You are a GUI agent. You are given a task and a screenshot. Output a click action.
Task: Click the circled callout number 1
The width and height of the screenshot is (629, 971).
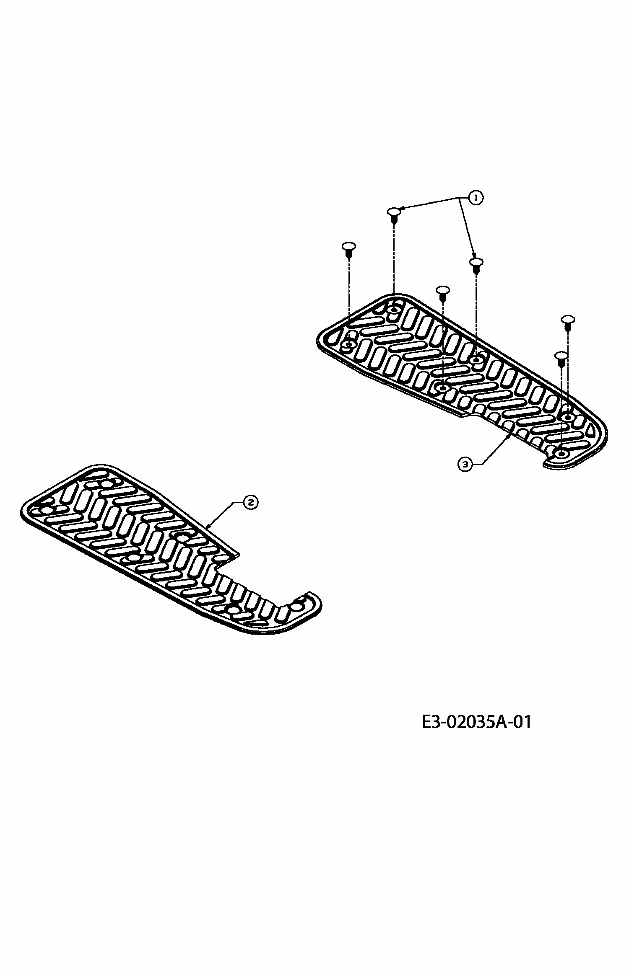(476, 198)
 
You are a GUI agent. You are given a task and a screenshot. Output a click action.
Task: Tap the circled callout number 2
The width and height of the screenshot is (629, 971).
(250, 502)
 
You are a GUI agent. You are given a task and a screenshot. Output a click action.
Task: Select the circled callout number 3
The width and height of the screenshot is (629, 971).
(465, 464)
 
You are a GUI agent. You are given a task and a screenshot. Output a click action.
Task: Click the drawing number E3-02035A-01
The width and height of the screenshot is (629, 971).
(476, 722)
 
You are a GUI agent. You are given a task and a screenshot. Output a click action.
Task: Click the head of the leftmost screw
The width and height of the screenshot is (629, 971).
(348, 246)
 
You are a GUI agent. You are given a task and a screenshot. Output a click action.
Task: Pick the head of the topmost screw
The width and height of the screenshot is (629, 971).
(393, 211)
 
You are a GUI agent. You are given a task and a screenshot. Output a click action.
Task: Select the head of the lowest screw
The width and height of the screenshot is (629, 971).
(561, 356)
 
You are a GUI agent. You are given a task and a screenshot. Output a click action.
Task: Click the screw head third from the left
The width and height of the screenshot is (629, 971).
(443, 290)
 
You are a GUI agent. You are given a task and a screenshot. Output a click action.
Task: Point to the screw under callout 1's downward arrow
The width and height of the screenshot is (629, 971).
(476, 262)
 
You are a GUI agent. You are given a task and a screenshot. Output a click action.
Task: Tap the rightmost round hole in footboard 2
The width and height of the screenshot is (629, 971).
(297, 607)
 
